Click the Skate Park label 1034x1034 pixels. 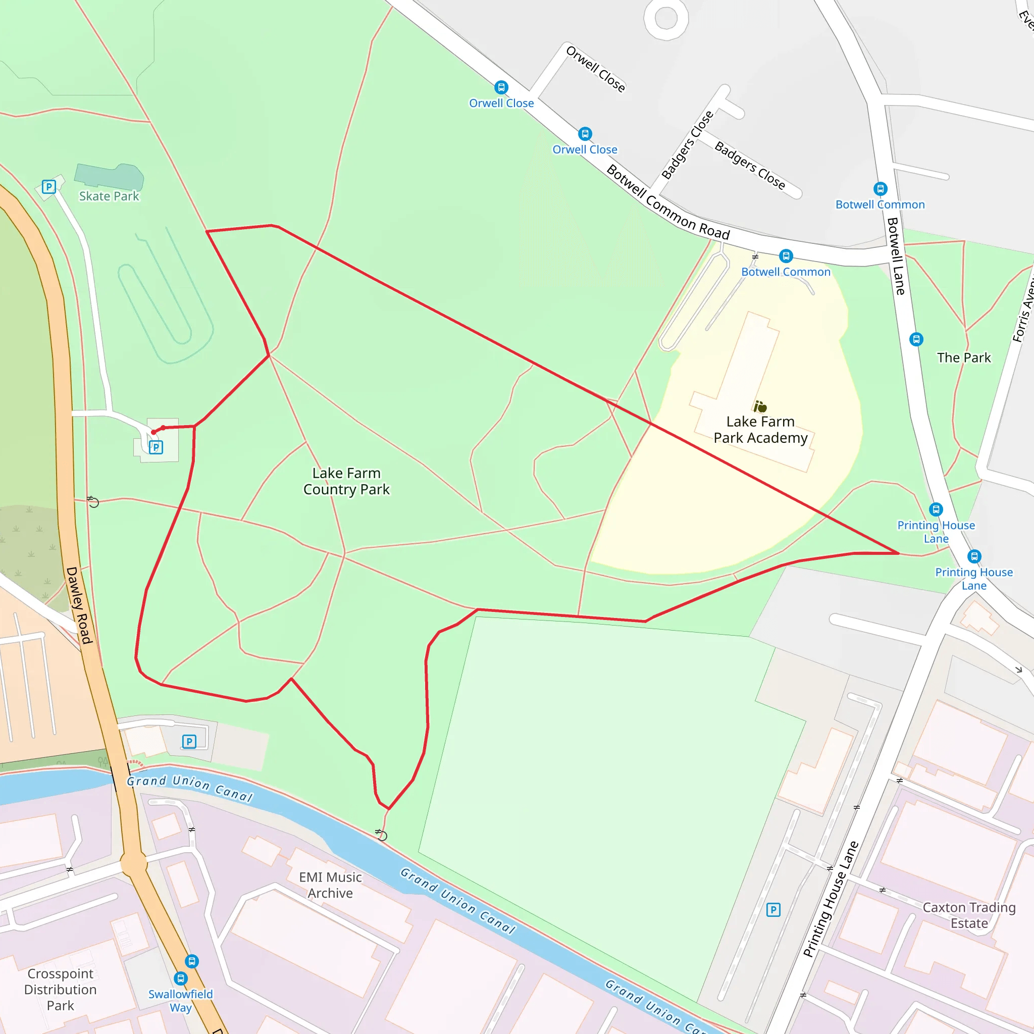coord(109,196)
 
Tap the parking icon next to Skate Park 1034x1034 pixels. coord(48,187)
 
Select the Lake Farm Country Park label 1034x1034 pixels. coord(346,481)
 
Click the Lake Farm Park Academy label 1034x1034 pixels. coord(760,430)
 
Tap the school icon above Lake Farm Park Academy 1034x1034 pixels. coord(760,407)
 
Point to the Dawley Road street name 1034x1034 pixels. coord(79,605)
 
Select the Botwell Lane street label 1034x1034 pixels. coord(896,256)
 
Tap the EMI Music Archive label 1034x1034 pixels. coord(330,885)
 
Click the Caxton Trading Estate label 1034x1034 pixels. coord(969,915)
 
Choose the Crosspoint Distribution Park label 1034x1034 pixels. coord(61,989)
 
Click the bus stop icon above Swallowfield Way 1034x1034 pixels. coord(181,978)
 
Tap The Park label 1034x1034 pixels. coord(963,357)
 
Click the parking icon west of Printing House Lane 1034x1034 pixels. coord(773,910)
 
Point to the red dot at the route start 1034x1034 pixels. coord(153,432)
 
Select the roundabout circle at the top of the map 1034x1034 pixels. coord(666,19)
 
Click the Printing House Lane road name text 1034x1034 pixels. coord(831,899)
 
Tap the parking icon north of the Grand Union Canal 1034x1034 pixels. coord(189,741)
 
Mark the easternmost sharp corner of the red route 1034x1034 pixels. coord(899,553)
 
